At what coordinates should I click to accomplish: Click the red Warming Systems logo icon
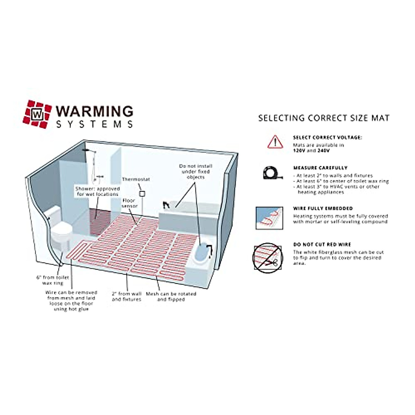[x=37, y=114]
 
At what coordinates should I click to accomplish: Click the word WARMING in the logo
[x=94, y=111]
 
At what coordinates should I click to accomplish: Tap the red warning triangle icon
[x=275, y=142]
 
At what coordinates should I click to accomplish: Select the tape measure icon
[x=272, y=173]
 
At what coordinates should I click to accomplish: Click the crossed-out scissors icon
[x=268, y=258]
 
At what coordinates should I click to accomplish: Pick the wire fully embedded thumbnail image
[x=269, y=218]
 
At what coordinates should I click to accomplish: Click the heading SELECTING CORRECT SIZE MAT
[x=324, y=118]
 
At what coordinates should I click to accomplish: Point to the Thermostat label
[x=136, y=179]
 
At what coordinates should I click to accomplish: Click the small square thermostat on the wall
[x=141, y=194]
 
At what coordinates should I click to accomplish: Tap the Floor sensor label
[x=129, y=203]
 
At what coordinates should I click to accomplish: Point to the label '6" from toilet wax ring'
[x=53, y=280]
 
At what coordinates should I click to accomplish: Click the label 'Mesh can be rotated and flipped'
[x=171, y=296]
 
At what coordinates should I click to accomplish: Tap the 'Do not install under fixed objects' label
[x=195, y=172]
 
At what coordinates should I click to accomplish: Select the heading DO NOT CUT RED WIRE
[x=322, y=245]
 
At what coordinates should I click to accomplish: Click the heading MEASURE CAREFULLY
[x=320, y=168]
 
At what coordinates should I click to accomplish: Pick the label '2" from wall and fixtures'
[x=127, y=296]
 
